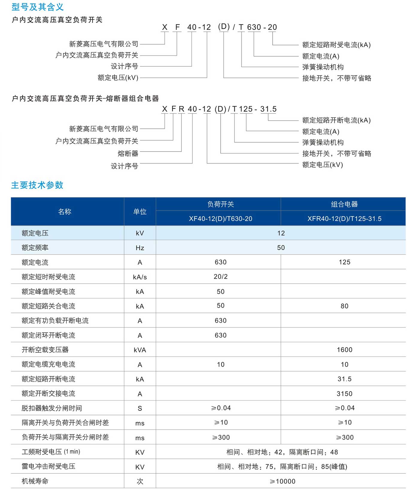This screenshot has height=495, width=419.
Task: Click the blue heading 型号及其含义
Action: tap(37, 7)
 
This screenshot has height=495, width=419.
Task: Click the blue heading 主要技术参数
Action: tap(37, 185)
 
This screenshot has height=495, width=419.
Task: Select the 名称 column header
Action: tap(65, 212)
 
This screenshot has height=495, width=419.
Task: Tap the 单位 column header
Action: tap(140, 212)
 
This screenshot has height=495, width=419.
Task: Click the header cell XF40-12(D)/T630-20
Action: tap(220, 219)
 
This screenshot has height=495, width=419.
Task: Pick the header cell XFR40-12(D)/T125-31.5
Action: tap(344, 219)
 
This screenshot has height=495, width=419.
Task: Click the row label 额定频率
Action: tap(35, 248)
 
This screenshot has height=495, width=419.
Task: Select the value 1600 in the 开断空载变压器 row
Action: tap(344, 350)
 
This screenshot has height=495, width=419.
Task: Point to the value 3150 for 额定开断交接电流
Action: tap(344, 394)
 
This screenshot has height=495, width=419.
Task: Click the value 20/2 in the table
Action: tap(221, 277)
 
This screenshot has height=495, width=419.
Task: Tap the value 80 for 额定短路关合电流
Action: tap(344, 306)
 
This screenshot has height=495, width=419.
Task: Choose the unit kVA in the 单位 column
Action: tap(140, 350)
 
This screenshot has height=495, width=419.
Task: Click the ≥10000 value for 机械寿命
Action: tap(282, 481)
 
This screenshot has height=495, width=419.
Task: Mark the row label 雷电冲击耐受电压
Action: tap(48, 466)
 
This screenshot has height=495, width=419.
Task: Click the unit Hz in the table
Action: tap(140, 248)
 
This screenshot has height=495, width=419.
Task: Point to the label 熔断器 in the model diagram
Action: tap(128, 154)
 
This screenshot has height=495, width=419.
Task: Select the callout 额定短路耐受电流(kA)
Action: tap(336, 45)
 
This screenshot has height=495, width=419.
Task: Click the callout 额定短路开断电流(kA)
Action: tap(336, 120)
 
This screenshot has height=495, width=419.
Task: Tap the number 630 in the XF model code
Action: tap(254, 27)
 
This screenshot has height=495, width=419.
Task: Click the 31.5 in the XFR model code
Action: tap(268, 109)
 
